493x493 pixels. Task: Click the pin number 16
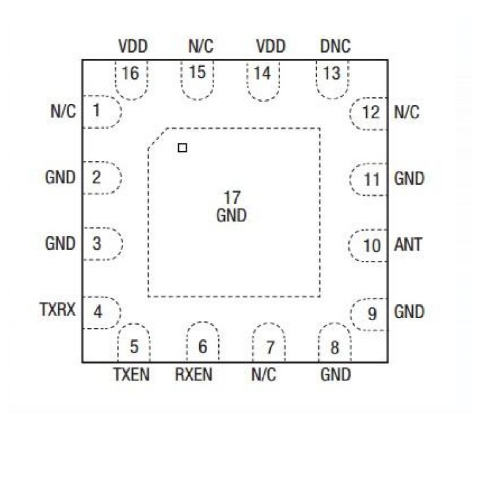[131, 73]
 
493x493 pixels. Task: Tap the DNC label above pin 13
[335, 46]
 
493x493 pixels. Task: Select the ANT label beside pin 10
[408, 245]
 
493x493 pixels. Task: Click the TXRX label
[58, 310]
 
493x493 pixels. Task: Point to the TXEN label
[131, 374]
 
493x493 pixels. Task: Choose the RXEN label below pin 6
[193, 374]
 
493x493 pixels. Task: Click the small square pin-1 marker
[182, 148]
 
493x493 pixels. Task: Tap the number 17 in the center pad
[232, 198]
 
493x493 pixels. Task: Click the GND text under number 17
[231, 216]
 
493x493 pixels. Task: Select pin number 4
[98, 312]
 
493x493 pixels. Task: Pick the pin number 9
[372, 314]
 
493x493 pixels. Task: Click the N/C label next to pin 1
[63, 111]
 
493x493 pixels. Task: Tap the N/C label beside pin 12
[406, 112]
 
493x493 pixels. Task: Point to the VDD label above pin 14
[271, 46]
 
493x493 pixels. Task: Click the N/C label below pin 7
[264, 374]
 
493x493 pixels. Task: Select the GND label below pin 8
[335, 374]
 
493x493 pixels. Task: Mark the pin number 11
[371, 179]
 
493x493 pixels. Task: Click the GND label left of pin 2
[60, 177]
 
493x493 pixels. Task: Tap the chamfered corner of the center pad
[157, 138]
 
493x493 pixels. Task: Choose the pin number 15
[197, 72]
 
